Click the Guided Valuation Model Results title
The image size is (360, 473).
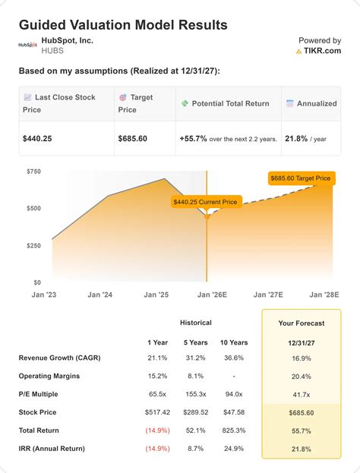122,25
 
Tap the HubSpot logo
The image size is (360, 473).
28,45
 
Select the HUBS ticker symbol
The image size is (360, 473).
52,50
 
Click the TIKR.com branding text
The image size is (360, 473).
322,51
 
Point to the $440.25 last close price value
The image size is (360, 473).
42,138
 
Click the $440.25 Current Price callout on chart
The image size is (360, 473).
204,202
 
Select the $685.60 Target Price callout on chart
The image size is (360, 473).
301,178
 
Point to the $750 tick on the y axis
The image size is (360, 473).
33,172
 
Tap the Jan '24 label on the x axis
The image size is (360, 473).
101,295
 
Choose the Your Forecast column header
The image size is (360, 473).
301,323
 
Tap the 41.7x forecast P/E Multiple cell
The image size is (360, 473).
301,395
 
